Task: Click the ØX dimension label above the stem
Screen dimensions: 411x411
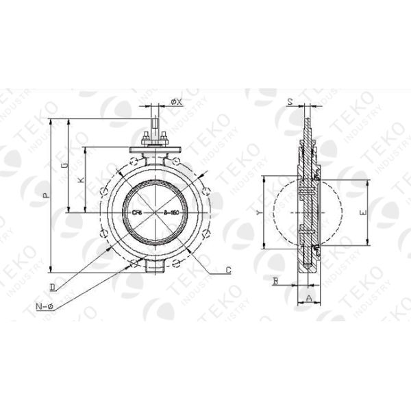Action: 175,102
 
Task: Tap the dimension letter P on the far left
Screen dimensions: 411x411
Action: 46,196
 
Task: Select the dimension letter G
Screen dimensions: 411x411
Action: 64,166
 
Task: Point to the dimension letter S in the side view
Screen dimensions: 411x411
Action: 290,102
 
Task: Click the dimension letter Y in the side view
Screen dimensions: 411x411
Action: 258,214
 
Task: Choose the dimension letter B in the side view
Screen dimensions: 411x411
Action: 275,281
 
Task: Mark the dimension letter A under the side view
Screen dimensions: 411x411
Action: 308,299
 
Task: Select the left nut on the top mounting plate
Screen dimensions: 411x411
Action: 145,142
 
